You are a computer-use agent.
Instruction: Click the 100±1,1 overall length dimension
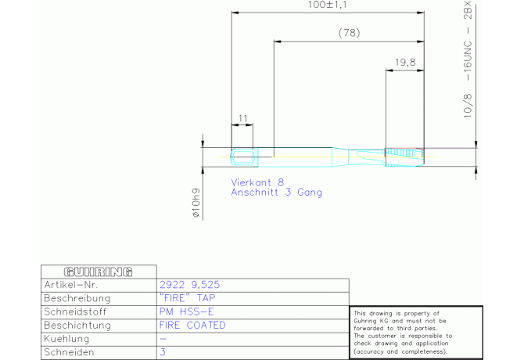327,5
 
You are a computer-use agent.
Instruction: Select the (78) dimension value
350,33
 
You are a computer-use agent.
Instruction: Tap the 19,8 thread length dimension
405,63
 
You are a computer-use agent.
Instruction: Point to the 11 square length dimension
242,118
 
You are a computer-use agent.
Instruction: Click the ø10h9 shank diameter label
196,203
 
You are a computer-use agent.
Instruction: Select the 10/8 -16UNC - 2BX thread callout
468,59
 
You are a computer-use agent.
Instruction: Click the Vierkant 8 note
257,182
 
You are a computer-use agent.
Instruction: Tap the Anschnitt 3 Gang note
276,193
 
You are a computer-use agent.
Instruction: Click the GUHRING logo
99,272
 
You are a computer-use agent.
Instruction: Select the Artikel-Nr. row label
71,285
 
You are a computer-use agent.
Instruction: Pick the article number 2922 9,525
189,285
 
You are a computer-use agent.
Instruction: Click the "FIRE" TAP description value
187,298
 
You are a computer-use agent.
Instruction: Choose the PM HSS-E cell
186,311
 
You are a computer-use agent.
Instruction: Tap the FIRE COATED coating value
192,325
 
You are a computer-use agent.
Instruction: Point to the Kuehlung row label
66,339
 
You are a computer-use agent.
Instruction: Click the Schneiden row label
69,352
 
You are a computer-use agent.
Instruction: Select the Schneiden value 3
163,352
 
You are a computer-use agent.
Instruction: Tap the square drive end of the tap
244,157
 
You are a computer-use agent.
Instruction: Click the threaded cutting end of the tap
404,157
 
